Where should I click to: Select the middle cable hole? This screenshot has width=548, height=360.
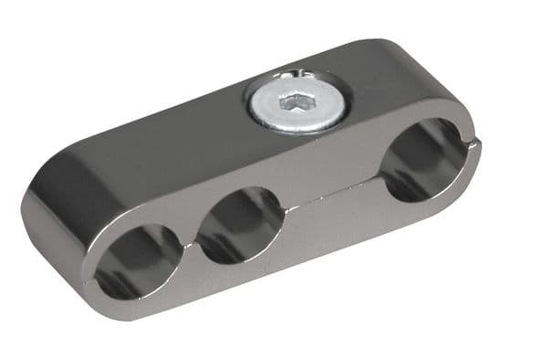tap(240, 223)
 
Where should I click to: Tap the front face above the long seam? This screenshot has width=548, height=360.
tap(329, 178)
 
